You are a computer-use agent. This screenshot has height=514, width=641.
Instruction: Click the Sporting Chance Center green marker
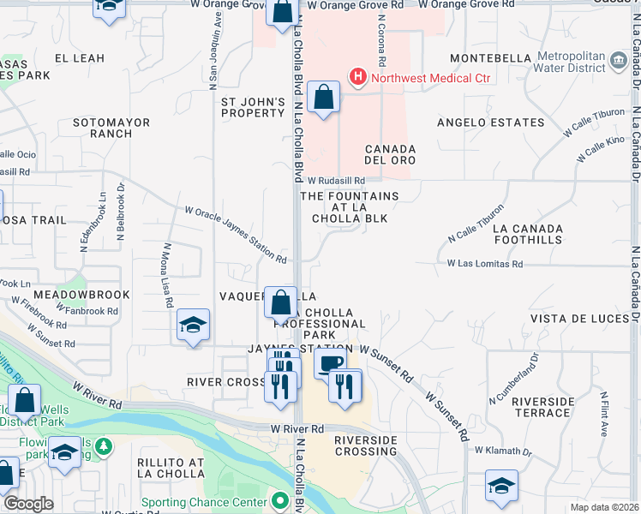tap(279, 500)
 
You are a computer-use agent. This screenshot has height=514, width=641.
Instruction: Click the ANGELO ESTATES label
tap(490, 123)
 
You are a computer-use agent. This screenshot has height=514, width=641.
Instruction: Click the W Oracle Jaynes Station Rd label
tap(236, 234)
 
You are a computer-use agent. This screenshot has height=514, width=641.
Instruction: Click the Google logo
tap(28, 503)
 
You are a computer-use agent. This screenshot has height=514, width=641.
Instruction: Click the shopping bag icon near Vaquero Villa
tap(281, 302)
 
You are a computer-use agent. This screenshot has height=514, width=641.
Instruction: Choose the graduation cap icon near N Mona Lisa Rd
tap(194, 326)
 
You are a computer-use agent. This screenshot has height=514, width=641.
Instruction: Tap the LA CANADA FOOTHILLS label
tap(528, 234)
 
